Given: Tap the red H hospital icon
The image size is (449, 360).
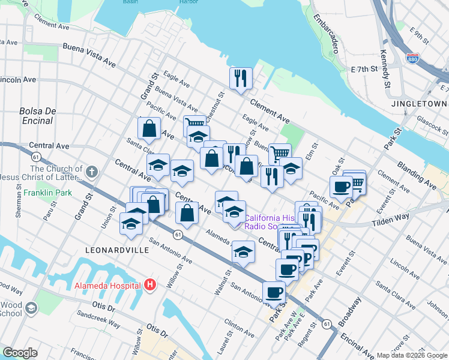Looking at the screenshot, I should (x=150, y=285).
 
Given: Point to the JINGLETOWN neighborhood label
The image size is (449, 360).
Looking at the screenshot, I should (x=419, y=103).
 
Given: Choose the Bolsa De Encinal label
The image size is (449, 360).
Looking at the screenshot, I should (x=37, y=116).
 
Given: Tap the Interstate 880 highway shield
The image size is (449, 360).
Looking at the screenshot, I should (x=412, y=59).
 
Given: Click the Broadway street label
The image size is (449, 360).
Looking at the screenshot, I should (x=350, y=311).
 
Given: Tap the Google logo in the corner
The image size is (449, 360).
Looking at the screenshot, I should (x=20, y=353).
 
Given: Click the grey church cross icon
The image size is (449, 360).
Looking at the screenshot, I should (x=91, y=173).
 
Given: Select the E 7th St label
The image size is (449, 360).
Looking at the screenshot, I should (x=364, y=70).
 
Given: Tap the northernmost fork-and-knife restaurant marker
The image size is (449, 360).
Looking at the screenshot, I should (x=241, y=78).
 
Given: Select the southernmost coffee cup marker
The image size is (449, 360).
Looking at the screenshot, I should (x=274, y=293).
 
